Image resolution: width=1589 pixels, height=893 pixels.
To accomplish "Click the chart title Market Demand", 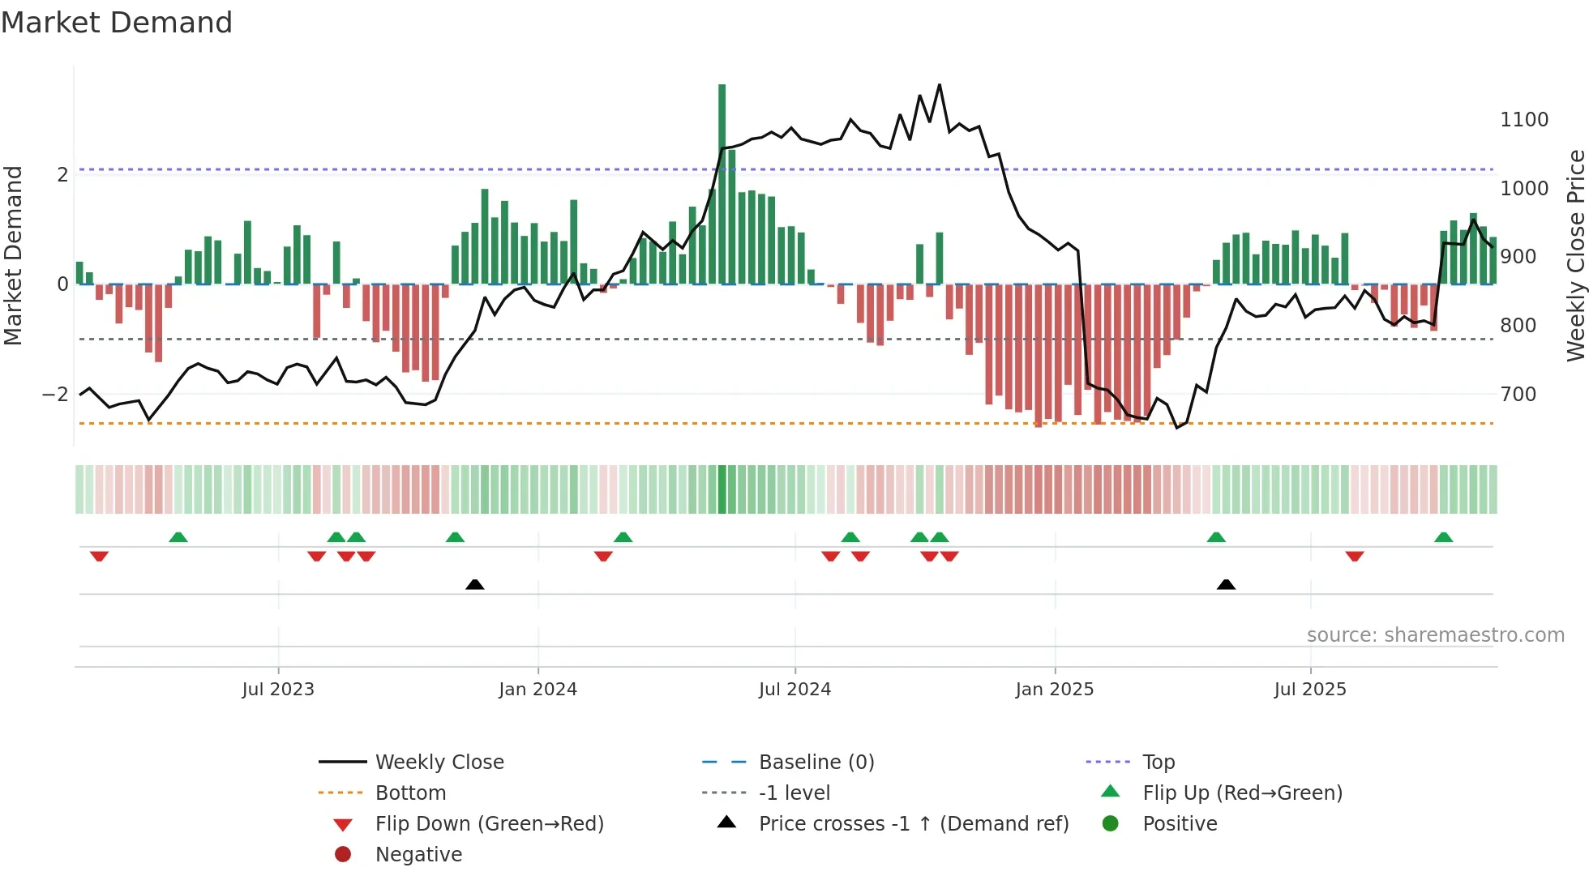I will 117,23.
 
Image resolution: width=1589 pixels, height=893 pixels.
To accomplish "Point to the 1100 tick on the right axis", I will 1523,120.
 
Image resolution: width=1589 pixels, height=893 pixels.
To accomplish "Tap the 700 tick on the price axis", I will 1518,395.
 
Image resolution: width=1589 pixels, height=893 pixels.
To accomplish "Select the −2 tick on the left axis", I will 55,395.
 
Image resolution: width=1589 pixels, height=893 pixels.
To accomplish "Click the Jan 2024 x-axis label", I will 538,690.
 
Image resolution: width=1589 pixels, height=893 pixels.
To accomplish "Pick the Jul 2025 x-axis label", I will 1309,690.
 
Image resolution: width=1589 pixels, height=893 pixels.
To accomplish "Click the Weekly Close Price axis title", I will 1575,255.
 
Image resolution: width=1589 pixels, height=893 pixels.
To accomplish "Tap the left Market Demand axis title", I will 14,255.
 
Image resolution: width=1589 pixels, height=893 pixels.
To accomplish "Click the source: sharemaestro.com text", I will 1435,635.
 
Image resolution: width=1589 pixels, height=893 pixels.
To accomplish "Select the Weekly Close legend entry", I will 439,763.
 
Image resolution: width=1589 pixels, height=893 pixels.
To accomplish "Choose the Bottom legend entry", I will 410,793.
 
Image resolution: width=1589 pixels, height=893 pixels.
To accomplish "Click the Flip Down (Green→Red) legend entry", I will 489,824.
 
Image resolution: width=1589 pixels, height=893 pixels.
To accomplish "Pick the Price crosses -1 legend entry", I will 913,824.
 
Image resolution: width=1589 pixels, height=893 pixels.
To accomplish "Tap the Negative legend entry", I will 418,855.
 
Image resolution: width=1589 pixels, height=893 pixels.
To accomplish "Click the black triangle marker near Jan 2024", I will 475,584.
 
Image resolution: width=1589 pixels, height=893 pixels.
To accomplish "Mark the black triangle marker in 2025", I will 1226,584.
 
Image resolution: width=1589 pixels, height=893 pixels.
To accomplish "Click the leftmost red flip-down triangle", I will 99,556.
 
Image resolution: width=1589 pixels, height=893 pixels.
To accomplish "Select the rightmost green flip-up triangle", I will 1443,537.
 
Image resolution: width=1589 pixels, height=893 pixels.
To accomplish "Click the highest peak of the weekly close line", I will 940,85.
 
